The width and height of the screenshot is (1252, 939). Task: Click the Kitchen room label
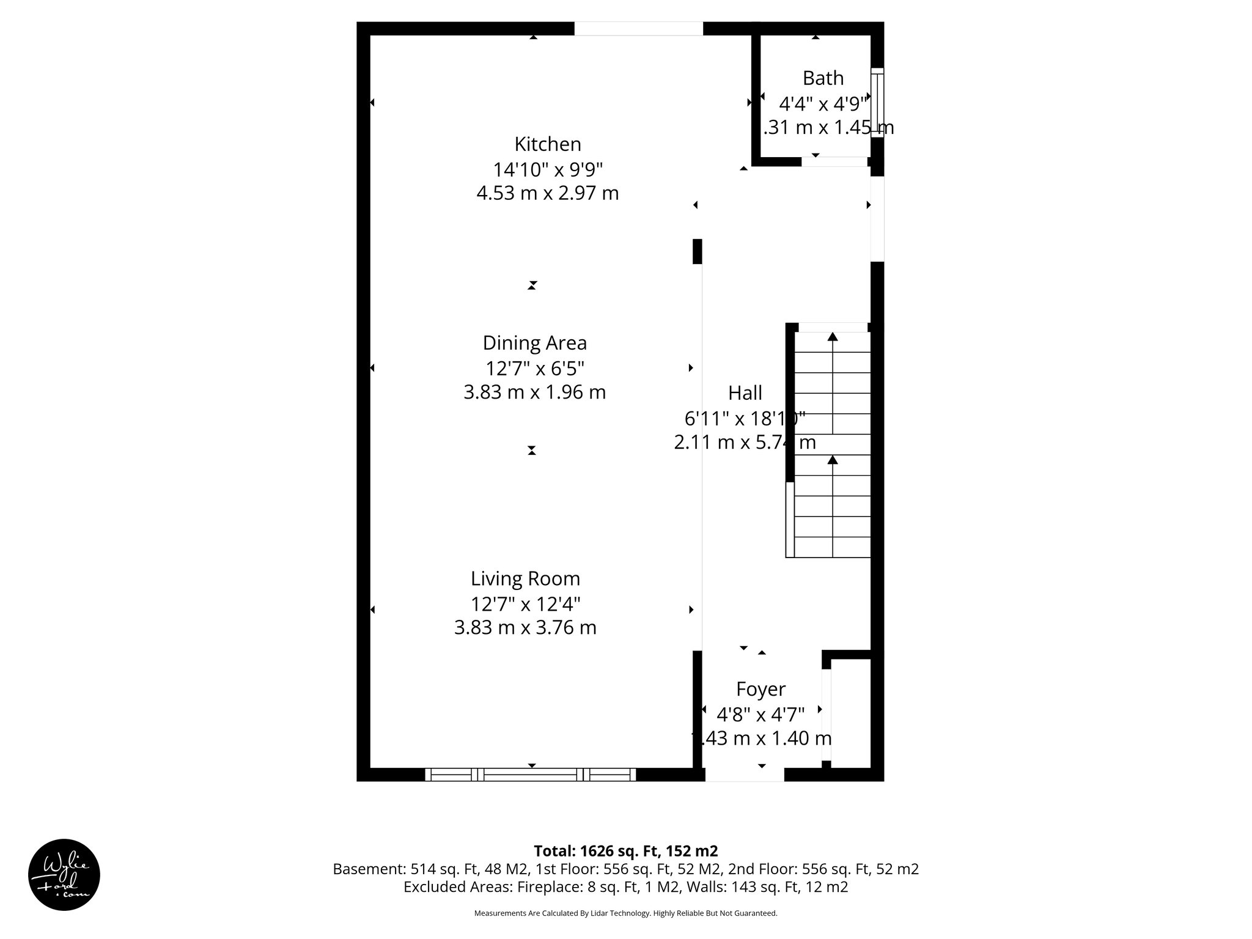(x=547, y=144)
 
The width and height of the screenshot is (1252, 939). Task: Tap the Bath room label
(x=823, y=78)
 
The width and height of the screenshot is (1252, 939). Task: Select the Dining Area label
(x=534, y=343)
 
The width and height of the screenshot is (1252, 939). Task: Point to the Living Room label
(x=525, y=578)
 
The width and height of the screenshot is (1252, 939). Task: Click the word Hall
(x=745, y=392)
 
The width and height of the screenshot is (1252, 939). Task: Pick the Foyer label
(x=760, y=689)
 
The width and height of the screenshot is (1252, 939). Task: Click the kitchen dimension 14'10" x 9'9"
(x=548, y=169)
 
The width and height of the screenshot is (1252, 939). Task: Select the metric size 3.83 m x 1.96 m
(x=534, y=392)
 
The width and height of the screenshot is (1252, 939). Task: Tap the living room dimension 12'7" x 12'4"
(x=525, y=604)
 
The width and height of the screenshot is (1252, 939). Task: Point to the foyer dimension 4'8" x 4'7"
(x=760, y=713)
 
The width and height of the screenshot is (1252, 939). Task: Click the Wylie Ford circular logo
(x=64, y=875)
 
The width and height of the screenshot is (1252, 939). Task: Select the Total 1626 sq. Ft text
(x=625, y=851)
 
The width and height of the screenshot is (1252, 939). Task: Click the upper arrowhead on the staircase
(x=832, y=336)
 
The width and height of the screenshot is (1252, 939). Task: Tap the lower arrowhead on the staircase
(x=832, y=460)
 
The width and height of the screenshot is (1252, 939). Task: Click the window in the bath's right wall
(x=877, y=102)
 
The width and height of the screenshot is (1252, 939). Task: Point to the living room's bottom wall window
(x=531, y=775)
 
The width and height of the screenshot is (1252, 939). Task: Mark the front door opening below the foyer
(x=745, y=775)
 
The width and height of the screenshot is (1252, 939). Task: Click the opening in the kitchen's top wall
(x=638, y=29)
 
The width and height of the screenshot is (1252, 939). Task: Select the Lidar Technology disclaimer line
(x=625, y=913)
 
